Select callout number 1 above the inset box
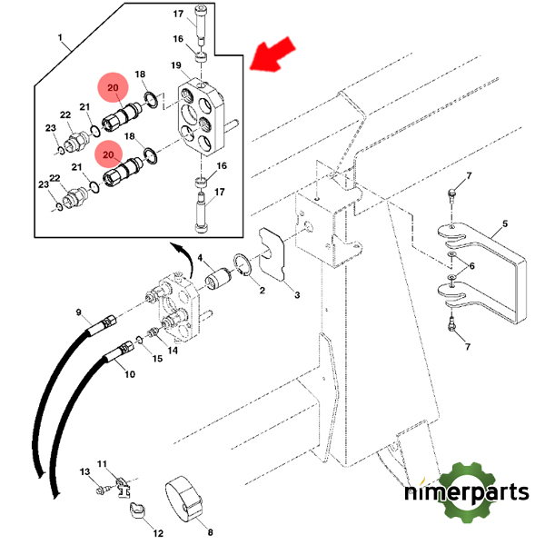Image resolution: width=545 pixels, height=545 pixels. click(61, 40)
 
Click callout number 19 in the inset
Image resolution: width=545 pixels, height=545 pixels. click(175, 65)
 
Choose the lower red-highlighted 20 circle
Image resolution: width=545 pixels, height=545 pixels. click(108, 154)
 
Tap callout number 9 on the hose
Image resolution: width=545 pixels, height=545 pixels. click(79, 311)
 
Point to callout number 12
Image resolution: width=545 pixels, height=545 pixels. click(156, 534)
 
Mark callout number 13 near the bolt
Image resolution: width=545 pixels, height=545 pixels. click(84, 472)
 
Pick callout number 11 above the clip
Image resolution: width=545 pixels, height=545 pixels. click(102, 463)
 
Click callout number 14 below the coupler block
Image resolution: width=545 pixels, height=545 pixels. click(173, 349)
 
